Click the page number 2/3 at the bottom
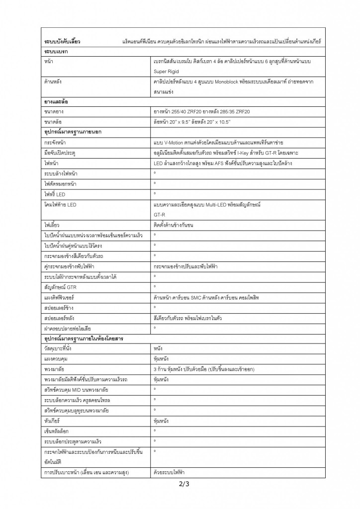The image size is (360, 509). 184,483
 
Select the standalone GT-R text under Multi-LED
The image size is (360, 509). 160,214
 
